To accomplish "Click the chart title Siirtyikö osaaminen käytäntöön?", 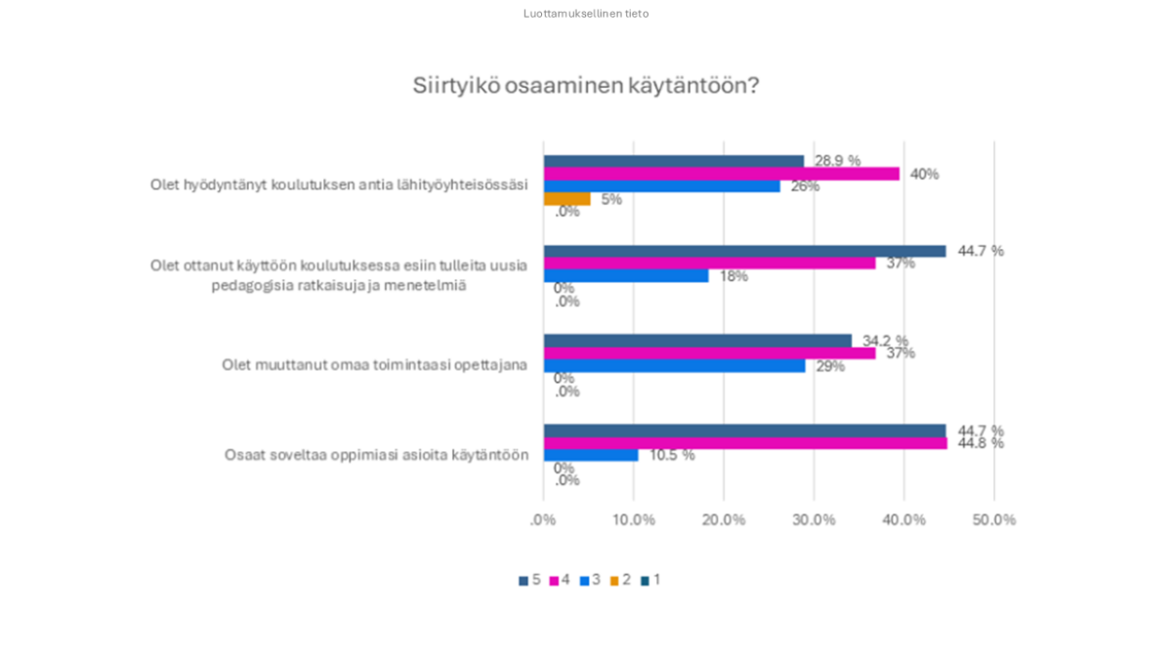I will pos(585,86).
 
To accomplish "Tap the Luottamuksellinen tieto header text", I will pos(585,14).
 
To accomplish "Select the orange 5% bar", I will pos(566,199).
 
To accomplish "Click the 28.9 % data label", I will pos(837,160).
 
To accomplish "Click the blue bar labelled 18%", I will pos(625,276).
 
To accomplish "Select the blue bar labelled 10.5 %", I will pos(591,455).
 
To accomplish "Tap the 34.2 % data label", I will pos(885,341).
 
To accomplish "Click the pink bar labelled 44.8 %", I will pos(744,443).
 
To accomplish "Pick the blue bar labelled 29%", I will pos(674,366).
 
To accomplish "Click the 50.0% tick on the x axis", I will pos(993,519).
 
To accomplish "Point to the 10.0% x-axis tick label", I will pos(633,519).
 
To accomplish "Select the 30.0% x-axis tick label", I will pos(814,519).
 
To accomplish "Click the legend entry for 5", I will pos(529,580).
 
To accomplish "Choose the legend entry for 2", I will pos(620,580).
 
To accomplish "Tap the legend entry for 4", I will pos(560,580).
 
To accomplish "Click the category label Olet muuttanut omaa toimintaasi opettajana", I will pos(374,365).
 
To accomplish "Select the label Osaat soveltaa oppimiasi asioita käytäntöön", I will pos(376,455).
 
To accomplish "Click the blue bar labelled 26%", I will pos(661,186).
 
